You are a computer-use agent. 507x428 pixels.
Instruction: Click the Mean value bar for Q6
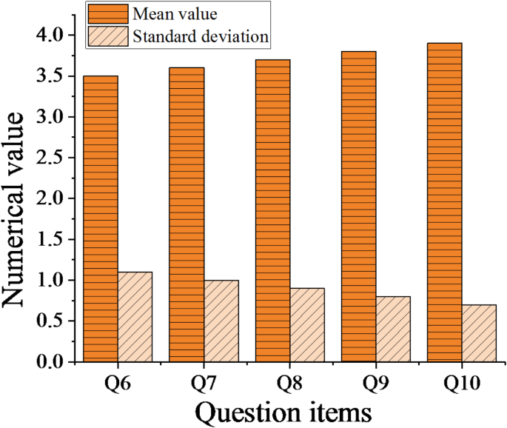101,218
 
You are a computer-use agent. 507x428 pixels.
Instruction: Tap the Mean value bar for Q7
187,215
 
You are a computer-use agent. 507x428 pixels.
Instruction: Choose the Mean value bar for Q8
273,210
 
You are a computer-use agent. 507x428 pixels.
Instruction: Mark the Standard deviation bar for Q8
306,325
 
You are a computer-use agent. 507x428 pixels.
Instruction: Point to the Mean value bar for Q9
359,207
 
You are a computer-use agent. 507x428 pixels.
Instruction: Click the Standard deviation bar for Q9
392,329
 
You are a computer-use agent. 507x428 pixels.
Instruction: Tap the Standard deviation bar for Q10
479,333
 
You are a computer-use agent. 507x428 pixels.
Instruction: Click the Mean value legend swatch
107,13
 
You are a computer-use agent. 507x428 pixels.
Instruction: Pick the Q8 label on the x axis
289,384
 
